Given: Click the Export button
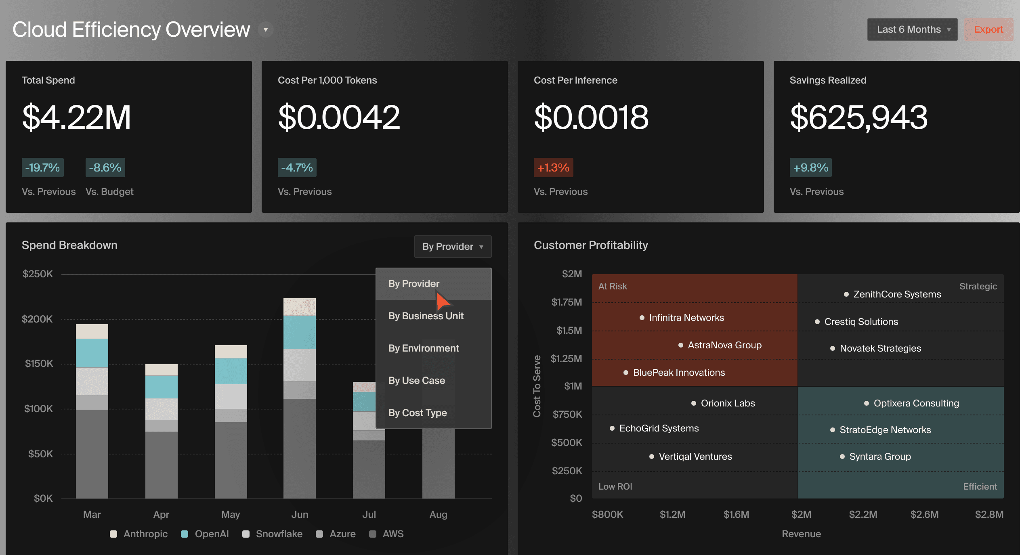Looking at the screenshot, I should (x=988, y=29).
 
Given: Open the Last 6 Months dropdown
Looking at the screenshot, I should (x=912, y=29).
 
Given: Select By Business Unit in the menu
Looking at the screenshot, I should (x=426, y=316).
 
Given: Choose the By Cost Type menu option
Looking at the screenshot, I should (x=418, y=413).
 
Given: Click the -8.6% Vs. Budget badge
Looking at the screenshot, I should (x=105, y=168).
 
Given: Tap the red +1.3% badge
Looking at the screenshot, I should (x=553, y=168).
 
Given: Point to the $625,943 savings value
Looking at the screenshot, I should (x=858, y=117).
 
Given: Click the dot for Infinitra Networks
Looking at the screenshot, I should (x=642, y=318).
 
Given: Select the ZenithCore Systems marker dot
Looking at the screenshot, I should (x=846, y=294).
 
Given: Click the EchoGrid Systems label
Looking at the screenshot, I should (x=659, y=428).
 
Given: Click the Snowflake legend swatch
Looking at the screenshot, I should (x=246, y=534).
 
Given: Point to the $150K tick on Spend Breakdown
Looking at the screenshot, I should (x=39, y=364).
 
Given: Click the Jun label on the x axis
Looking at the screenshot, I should (x=300, y=515).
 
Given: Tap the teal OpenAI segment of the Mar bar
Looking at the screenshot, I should (x=92, y=353).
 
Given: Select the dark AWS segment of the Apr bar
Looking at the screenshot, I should (x=161, y=464).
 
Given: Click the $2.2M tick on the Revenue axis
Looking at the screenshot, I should (x=863, y=515).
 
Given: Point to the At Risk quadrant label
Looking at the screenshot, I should (x=613, y=287).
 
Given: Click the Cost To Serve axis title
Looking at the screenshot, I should (x=537, y=386).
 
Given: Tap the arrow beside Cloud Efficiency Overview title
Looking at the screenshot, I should (x=266, y=30).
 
